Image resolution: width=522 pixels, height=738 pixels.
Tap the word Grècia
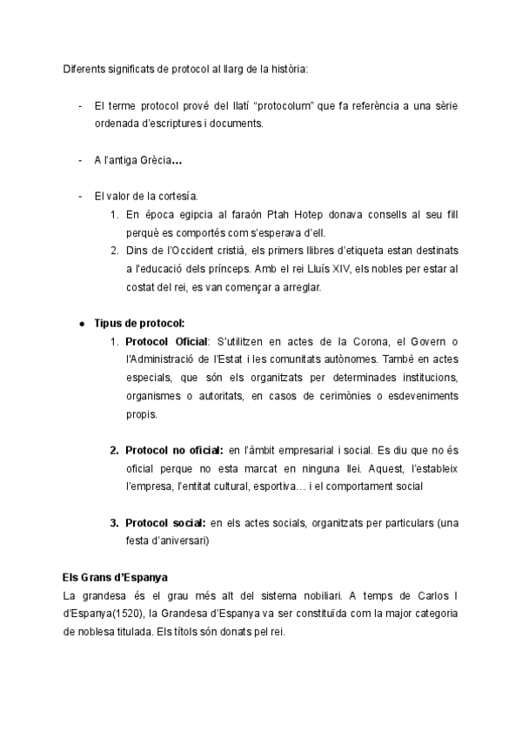(152, 161)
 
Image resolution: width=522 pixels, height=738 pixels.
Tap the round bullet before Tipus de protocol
(81, 323)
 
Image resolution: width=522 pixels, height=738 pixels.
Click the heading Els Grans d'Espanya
(115, 578)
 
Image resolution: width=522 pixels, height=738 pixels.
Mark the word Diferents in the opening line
(84, 69)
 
